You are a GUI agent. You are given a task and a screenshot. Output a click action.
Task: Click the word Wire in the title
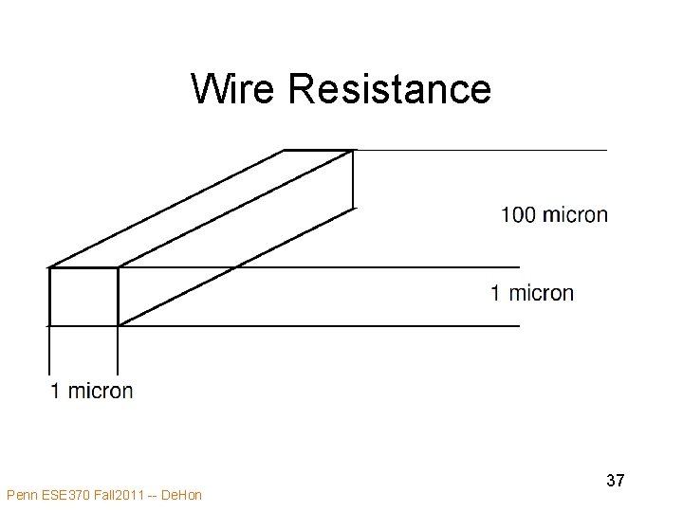pyautogui.click(x=235, y=89)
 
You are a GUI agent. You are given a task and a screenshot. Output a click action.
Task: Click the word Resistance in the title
pyautogui.click(x=390, y=89)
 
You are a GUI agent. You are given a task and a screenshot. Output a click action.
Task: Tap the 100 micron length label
pyautogui.click(x=554, y=215)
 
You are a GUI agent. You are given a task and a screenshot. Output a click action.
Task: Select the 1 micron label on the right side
pyautogui.click(x=531, y=293)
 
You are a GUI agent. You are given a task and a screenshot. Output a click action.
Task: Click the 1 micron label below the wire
pyautogui.click(x=91, y=390)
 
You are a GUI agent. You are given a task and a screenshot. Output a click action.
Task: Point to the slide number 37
pyautogui.click(x=615, y=481)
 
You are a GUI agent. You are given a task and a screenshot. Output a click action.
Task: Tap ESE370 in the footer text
pyautogui.click(x=65, y=495)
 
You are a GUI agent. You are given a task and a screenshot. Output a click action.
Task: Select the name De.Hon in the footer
pyautogui.click(x=181, y=495)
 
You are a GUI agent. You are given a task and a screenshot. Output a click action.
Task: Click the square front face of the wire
pyautogui.click(x=83, y=297)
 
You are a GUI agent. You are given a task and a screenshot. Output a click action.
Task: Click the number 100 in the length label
pyautogui.click(x=518, y=215)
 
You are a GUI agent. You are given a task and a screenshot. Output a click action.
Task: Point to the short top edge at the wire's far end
pyautogui.click(x=319, y=151)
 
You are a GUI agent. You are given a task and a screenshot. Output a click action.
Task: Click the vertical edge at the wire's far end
pyautogui.click(x=353, y=178)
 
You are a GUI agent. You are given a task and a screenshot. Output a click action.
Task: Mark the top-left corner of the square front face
pyautogui.click(x=49, y=268)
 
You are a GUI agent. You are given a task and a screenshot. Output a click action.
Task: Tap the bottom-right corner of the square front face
pyautogui.click(x=118, y=325)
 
